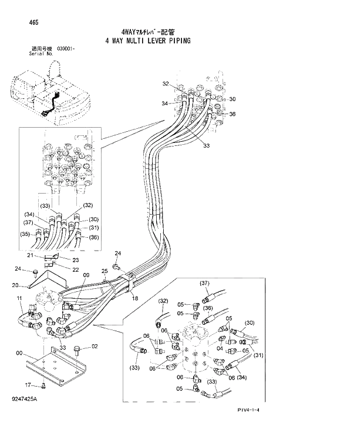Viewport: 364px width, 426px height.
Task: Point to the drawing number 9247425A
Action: [x=23, y=400]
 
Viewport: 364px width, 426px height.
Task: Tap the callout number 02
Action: [x=95, y=347]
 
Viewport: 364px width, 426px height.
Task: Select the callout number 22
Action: [x=76, y=269]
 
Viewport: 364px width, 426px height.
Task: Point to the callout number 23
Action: [x=75, y=259]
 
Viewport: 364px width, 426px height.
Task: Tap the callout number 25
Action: [x=105, y=270]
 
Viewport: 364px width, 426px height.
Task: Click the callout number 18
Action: [x=134, y=299]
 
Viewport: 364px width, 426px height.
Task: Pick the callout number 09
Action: [x=85, y=274]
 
